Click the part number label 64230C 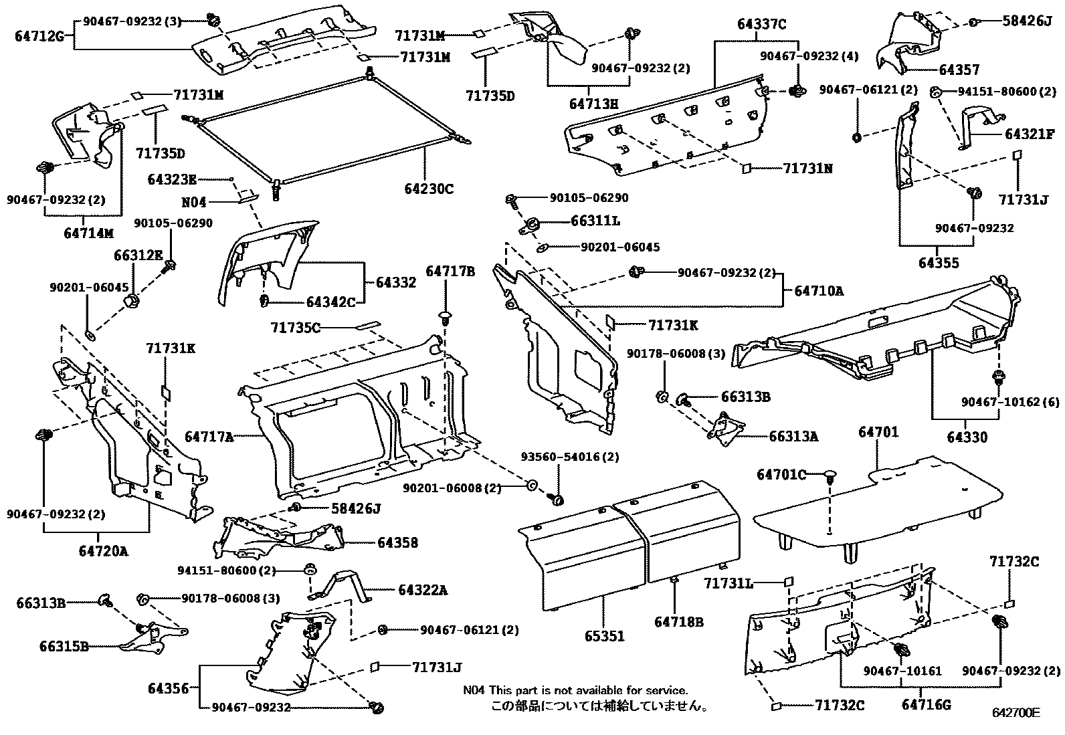point(428,189)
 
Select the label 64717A point(209,437)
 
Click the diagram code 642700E point(1016,713)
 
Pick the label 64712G point(39,36)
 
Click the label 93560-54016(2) point(570,457)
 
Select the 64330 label point(967,437)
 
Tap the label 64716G point(926,704)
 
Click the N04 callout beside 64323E point(194,201)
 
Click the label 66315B point(64,647)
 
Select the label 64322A point(423,590)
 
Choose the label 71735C point(296,327)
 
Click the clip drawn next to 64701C point(830,477)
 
